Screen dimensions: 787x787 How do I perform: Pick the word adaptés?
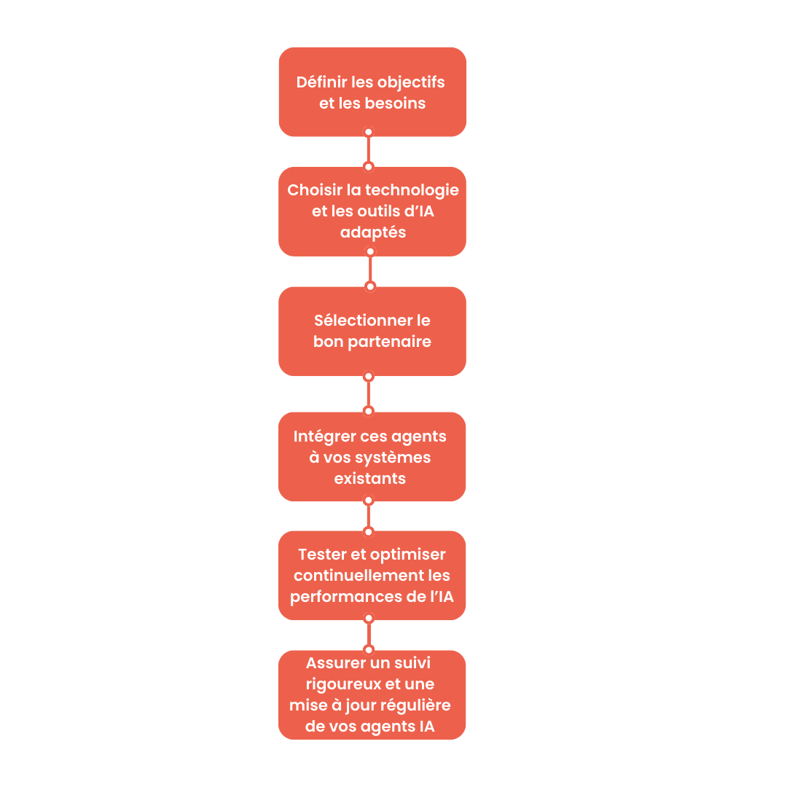[x=372, y=232]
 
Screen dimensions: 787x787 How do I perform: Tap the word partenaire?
[x=393, y=341]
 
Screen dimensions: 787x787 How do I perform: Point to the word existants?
[x=369, y=479]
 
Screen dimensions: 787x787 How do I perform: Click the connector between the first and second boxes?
[x=369, y=149]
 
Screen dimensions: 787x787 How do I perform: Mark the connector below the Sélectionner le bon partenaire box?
[x=369, y=393]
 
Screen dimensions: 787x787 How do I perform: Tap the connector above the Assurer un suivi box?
[x=369, y=634]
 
